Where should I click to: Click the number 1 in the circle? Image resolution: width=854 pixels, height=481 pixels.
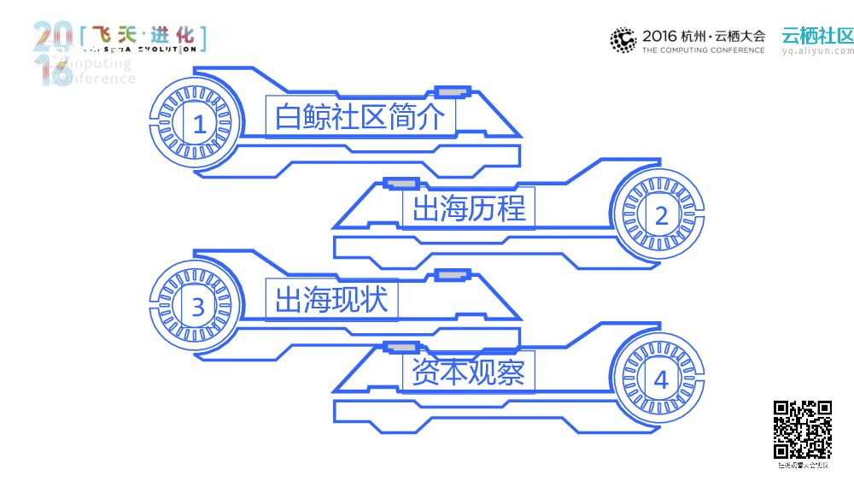point(199,125)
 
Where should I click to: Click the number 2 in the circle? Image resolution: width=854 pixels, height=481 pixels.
point(661,215)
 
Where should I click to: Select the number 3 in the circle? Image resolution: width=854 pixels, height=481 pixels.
point(198,306)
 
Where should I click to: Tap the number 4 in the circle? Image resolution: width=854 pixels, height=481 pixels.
point(661,379)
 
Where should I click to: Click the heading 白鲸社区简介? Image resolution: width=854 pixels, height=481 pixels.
point(360,117)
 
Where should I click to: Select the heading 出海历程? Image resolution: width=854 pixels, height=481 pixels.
point(469,208)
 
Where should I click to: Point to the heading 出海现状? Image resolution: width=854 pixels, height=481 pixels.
point(331,299)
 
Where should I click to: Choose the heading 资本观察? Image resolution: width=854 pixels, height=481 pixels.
point(469,372)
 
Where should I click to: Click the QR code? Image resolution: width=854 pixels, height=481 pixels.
point(803,430)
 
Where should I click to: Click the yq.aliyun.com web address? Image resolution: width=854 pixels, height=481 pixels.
point(817,51)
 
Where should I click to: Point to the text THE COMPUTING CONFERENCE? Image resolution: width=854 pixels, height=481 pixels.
point(704,50)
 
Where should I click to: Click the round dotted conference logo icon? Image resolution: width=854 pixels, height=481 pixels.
point(623,39)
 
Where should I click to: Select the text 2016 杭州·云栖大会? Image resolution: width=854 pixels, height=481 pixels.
point(704,36)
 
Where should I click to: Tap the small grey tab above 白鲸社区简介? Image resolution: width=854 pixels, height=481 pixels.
point(452,91)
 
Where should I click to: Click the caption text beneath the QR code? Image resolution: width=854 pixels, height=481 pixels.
point(803,466)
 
